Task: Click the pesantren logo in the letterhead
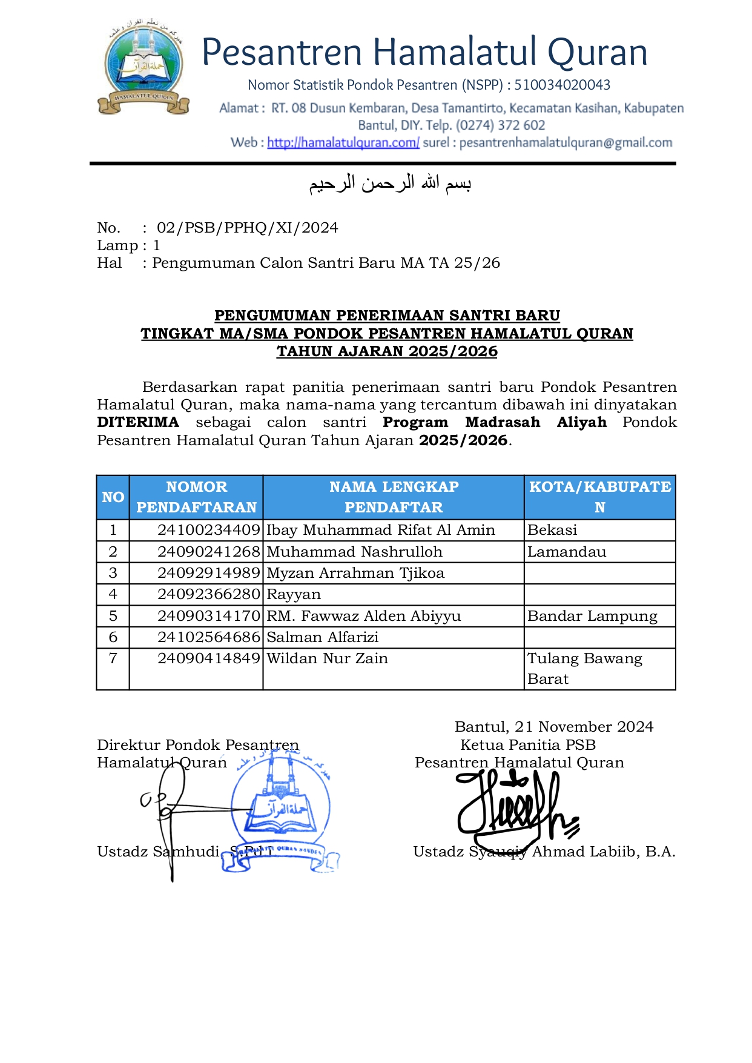click(x=143, y=67)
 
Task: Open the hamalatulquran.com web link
click(x=343, y=143)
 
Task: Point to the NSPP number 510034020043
click(x=562, y=85)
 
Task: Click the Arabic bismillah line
click(x=390, y=183)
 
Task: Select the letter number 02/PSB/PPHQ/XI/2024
click(x=247, y=228)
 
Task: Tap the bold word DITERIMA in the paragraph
click(x=138, y=422)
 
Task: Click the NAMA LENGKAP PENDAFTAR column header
click(x=394, y=497)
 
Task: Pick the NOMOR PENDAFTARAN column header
click(x=196, y=497)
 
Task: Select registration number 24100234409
click(x=208, y=530)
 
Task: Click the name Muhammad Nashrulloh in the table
click(x=354, y=552)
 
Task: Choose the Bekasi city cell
click(x=552, y=530)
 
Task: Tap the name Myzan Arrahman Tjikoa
click(x=355, y=573)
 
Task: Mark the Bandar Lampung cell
click(x=592, y=616)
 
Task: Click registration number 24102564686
click(x=208, y=637)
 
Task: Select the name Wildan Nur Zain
click(x=327, y=658)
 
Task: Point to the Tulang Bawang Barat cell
click(x=584, y=669)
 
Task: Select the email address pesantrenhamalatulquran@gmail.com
click(x=566, y=143)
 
